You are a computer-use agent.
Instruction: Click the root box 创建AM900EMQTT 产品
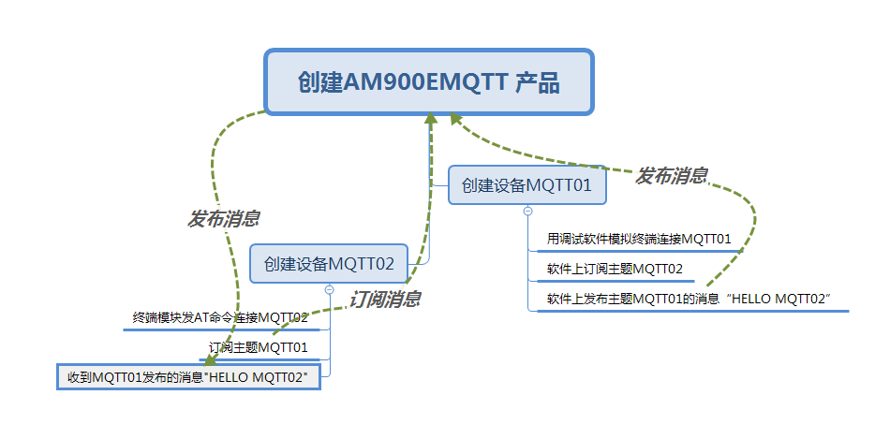pyautogui.click(x=429, y=82)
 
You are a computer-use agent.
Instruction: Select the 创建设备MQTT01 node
pyautogui.click(x=526, y=185)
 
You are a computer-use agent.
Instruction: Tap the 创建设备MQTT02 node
pyautogui.click(x=329, y=263)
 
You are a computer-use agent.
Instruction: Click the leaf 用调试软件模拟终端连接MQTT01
pyautogui.click(x=639, y=240)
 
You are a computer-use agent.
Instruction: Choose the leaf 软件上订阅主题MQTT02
pyautogui.click(x=615, y=270)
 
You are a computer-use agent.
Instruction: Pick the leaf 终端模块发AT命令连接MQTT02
pyautogui.click(x=220, y=318)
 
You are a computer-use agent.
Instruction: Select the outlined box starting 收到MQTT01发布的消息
pyautogui.click(x=188, y=377)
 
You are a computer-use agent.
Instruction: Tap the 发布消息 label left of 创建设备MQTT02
pyautogui.click(x=224, y=219)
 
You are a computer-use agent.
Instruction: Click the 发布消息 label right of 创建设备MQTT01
pyautogui.click(x=672, y=176)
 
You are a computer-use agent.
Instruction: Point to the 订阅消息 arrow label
pyautogui.click(x=384, y=300)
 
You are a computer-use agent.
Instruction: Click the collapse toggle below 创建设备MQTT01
pyautogui.click(x=527, y=212)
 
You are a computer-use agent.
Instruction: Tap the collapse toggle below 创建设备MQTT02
pyautogui.click(x=329, y=289)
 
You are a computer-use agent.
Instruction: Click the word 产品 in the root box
pyautogui.click(x=538, y=83)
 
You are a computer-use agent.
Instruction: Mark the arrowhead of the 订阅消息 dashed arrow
pyautogui.click(x=431, y=119)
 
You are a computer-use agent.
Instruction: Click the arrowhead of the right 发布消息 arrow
pyautogui.click(x=454, y=118)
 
